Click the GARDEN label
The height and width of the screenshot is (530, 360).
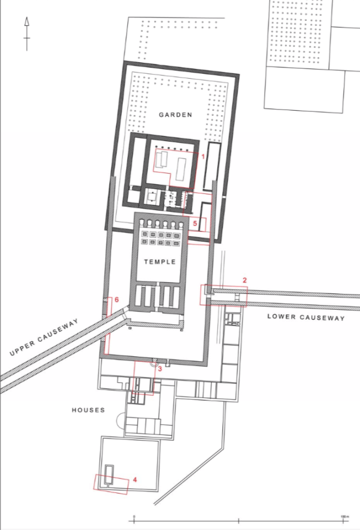click(x=175, y=115)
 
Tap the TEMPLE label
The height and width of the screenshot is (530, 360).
click(x=160, y=261)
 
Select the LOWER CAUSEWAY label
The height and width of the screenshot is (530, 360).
click(x=306, y=317)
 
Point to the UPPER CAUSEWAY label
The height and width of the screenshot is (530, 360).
click(x=44, y=337)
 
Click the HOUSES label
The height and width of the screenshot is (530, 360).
click(x=88, y=410)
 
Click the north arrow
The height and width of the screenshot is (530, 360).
click(x=27, y=34)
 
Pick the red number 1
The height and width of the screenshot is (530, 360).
click(x=203, y=156)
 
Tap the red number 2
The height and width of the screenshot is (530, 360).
click(x=245, y=280)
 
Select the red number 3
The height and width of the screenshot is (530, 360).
click(x=160, y=369)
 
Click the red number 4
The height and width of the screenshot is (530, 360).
click(x=134, y=479)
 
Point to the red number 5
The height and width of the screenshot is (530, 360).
click(x=195, y=224)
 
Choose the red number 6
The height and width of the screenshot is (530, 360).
click(x=117, y=300)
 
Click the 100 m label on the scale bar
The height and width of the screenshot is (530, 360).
click(x=344, y=517)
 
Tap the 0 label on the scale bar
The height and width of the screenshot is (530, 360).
click(x=134, y=517)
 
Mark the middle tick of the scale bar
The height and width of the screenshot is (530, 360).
click(x=238, y=521)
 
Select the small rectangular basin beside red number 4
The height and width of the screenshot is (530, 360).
click(x=109, y=475)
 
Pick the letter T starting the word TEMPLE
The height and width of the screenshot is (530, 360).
click(x=146, y=261)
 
